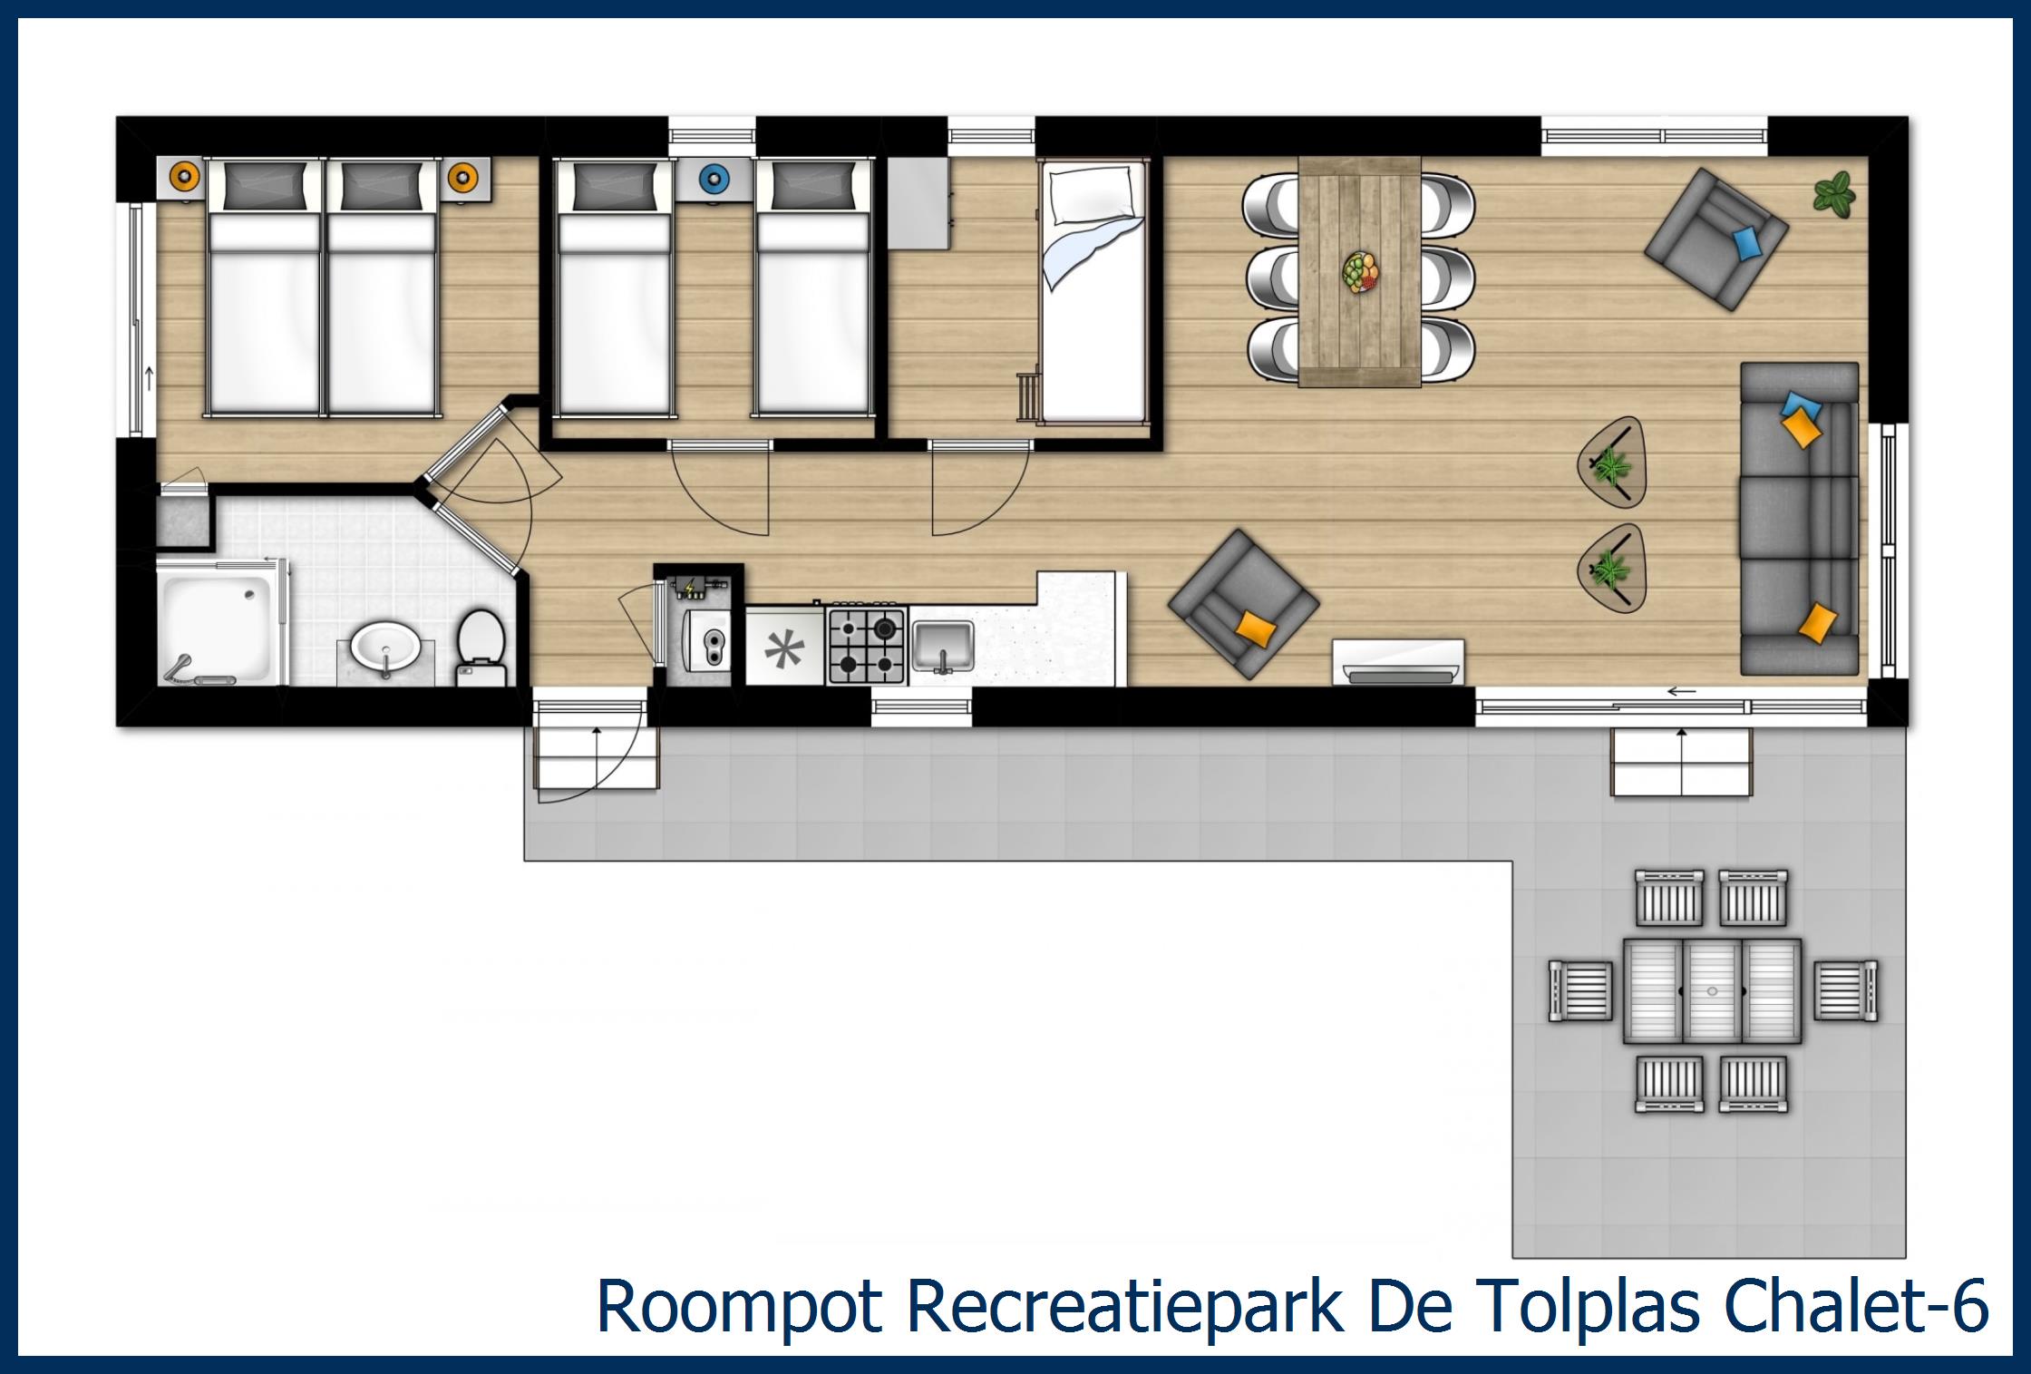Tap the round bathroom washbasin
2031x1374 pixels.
pyautogui.click(x=385, y=647)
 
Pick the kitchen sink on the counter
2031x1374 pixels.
pyautogui.click(x=943, y=645)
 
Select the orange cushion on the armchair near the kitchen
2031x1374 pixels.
pyautogui.click(x=1255, y=627)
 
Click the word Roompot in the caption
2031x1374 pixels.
pyautogui.click(x=738, y=1307)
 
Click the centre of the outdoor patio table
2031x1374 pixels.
pyautogui.click(x=1711, y=991)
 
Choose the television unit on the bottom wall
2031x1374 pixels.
pyautogui.click(x=1397, y=661)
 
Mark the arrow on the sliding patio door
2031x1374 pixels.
pyautogui.click(x=1681, y=692)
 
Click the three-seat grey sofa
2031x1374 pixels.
pyautogui.click(x=1798, y=519)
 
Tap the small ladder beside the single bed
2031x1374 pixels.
pyautogui.click(x=1028, y=396)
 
